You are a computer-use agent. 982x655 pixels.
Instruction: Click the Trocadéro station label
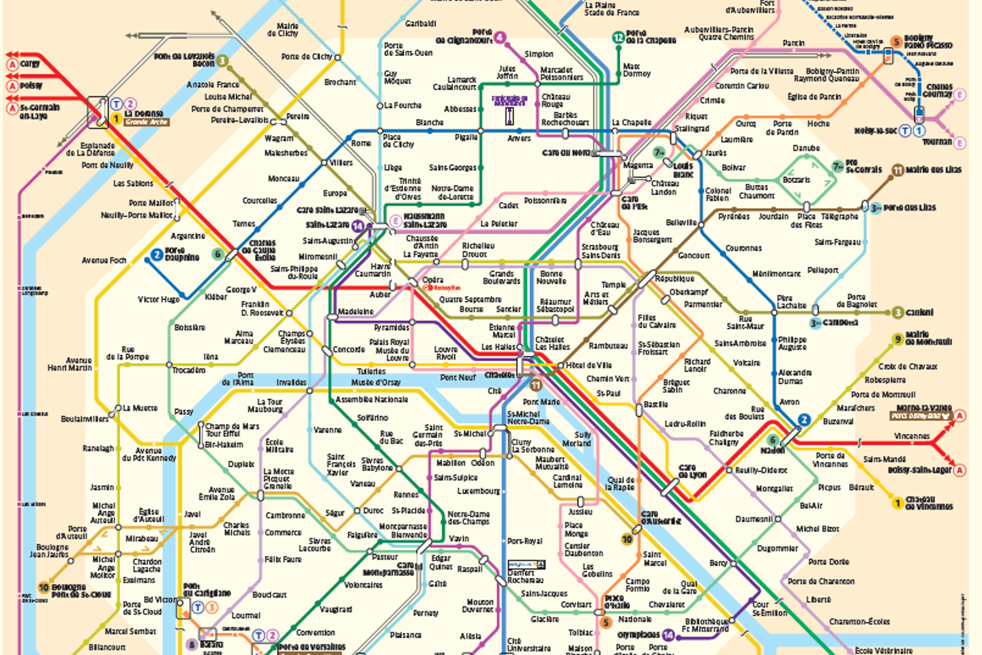tap(188, 370)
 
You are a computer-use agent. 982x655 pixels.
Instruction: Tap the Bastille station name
tap(655, 405)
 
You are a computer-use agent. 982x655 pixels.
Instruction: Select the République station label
tap(674, 278)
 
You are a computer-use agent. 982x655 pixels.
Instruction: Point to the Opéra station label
tap(432, 280)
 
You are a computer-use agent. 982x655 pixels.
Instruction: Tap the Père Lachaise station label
tap(791, 302)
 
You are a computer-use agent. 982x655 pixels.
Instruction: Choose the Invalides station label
tap(291, 382)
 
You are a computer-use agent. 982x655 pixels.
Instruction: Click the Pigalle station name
tap(466, 137)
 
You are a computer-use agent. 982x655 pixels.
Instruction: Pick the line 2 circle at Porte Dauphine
tap(157, 254)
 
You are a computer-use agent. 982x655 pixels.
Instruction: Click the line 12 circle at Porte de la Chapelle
tap(618, 38)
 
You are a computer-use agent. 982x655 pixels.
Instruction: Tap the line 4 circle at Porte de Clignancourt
tap(501, 38)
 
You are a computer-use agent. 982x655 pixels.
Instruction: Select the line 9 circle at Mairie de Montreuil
tap(898, 339)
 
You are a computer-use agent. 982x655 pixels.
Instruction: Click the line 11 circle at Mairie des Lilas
tap(897, 170)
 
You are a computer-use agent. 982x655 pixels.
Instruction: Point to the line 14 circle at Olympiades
tap(668, 635)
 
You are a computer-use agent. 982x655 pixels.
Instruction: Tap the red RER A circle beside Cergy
tap(12, 64)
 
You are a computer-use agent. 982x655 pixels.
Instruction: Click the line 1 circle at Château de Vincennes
tap(898, 504)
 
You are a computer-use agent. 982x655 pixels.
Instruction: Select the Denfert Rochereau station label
tap(525, 577)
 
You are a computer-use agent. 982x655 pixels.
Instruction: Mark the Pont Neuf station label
tap(458, 377)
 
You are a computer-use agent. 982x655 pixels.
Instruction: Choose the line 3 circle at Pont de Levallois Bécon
tap(222, 61)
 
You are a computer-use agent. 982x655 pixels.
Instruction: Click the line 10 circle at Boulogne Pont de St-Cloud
tap(44, 587)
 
